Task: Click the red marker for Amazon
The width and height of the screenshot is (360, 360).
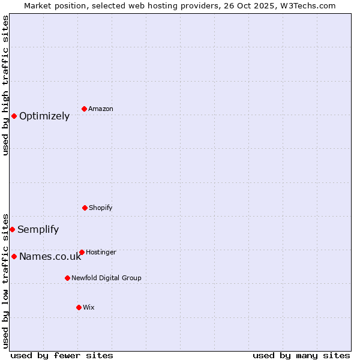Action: click(x=84, y=109)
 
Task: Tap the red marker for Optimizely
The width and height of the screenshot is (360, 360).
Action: click(x=14, y=116)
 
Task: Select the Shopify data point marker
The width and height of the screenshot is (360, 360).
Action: click(x=85, y=208)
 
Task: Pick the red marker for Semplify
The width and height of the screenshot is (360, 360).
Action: click(x=12, y=229)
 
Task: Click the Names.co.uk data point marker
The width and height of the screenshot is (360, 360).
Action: click(x=14, y=256)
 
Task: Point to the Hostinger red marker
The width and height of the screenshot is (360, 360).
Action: click(x=82, y=252)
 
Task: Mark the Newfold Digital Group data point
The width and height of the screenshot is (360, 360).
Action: click(x=67, y=278)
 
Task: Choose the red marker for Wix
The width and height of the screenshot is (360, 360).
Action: click(x=79, y=307)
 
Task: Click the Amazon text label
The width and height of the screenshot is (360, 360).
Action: click(x=101, y=109)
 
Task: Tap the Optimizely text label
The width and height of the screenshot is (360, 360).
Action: click(x=44, y=116)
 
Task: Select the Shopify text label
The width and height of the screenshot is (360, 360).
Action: click(x=101, y=208)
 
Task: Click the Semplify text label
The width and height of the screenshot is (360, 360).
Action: click(x=38, y=229)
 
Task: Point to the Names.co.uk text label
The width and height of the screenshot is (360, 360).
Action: click(x=50, y=256)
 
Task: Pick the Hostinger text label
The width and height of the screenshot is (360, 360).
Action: click(x=101, y=252)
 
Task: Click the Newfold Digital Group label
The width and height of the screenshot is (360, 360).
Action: click(x=106, y=278)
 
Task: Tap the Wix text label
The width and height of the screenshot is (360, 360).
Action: click(x=89, y=307)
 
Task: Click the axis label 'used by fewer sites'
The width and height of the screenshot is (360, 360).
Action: click(x=62, y=355)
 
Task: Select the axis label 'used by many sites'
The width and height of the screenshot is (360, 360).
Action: click(x=301, y=355)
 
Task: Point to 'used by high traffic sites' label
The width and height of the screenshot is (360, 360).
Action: click(x=5, y=85)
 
